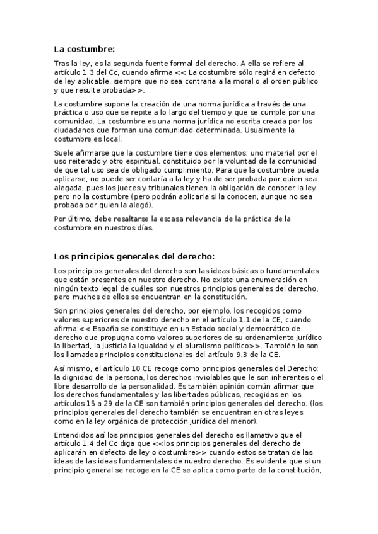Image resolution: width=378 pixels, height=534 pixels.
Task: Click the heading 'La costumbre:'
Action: pyautogui.click(x=85, y=48)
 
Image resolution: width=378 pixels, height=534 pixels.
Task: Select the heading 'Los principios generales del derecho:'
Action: pyautogui.click(x=134, y=256)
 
